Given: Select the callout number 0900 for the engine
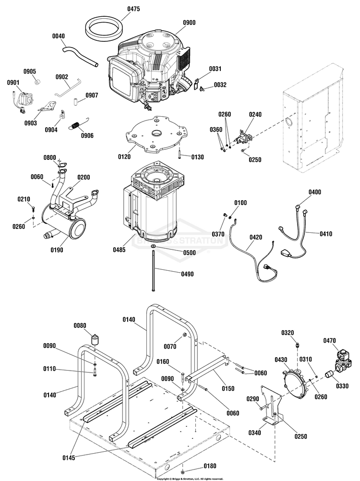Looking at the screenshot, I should (x=190, y=22).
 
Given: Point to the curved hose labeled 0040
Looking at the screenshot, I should (x=82, y=55).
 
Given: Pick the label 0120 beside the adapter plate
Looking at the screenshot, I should (x=124, y=156).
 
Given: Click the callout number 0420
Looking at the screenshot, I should (x=256, y=237).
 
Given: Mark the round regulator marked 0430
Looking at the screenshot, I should (x=296, y=384).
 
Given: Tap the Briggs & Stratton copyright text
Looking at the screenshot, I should (x=190, y=478).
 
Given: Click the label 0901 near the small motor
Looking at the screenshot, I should (x=13, y=83).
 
